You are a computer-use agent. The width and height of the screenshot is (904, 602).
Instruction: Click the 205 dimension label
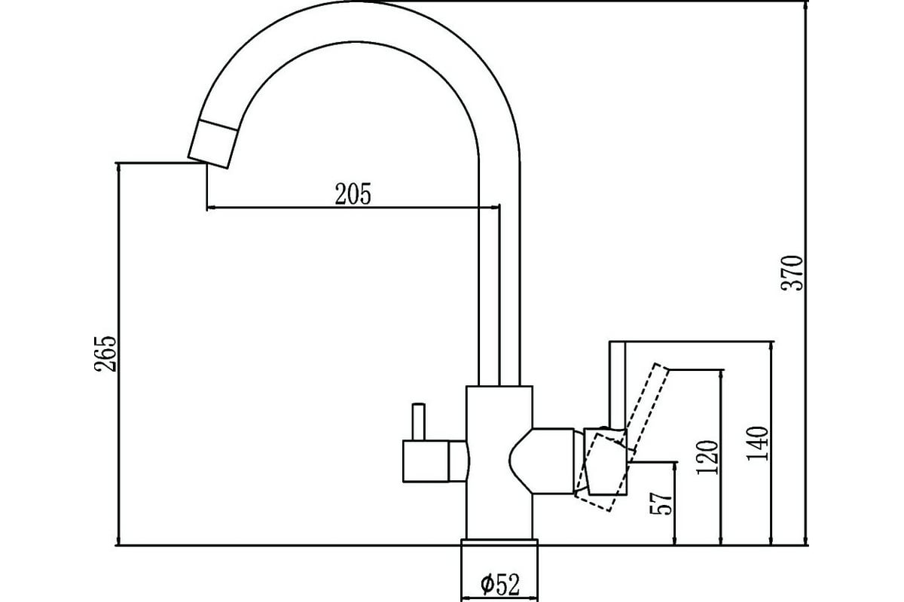pos(353,194)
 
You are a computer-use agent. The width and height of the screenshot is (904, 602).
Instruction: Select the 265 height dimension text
pos(105,354)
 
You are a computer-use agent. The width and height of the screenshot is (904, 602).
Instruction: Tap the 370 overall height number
pos(793,273)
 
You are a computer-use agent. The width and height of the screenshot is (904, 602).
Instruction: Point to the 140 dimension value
pos(757,443)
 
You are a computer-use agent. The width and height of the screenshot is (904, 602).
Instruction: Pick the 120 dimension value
pos(708,458)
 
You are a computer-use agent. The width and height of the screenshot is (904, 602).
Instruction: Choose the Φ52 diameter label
pos(500,585)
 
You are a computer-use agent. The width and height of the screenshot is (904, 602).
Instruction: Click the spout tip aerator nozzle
pos(212,144)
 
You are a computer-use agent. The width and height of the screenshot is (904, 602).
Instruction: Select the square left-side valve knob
pos(426,461)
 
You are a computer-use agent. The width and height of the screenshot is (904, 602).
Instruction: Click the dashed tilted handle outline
pos(622,438)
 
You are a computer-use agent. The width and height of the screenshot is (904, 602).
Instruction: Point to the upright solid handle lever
pos(617,386)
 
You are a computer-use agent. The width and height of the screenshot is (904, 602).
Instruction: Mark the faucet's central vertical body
pos(499,463)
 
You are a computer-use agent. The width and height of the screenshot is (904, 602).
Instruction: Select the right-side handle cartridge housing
pos(553,461)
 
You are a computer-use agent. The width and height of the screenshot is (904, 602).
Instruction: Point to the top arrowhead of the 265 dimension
pos(119,168)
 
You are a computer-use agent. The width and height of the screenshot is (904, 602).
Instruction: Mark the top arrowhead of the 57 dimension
pos(674,467)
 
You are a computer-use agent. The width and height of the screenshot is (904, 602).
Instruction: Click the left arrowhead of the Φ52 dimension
pos(466,598)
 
